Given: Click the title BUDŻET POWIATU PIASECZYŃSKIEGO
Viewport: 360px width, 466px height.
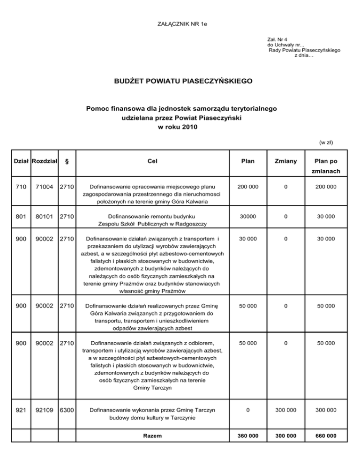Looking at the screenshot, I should tap(180, 81).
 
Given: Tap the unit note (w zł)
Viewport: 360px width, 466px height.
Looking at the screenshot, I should tap(326, 142).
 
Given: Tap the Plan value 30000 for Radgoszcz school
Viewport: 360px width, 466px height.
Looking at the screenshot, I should tap(247, 217).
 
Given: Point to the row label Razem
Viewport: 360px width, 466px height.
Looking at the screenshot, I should tap(152, 436).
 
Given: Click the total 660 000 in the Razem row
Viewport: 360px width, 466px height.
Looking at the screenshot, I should tap(325, 436).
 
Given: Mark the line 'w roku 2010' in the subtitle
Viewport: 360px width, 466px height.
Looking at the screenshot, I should tap(180, 127).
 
